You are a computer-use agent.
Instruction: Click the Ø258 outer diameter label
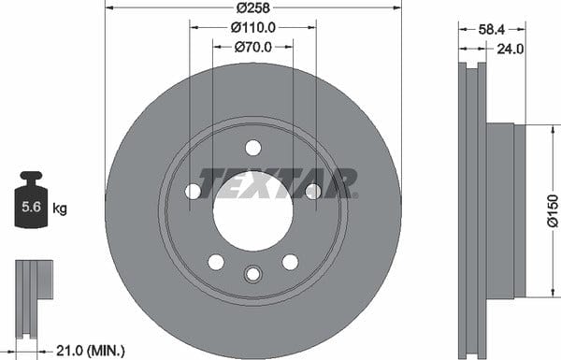coord(253,7)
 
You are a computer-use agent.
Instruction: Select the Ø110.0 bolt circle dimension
coord(253,27)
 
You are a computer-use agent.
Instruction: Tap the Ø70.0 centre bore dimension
coord(253,47)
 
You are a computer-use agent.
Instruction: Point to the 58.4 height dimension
coord(492,30)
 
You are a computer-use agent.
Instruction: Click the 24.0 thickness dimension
coord(511,49)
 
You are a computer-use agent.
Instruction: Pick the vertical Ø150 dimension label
coord(553,210)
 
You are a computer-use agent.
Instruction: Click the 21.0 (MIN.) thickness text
coord(91,351)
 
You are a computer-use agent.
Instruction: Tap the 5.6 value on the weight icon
coord(31,207)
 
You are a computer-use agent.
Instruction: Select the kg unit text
coord(60,208)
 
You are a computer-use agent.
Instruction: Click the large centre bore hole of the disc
coord(253,210)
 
